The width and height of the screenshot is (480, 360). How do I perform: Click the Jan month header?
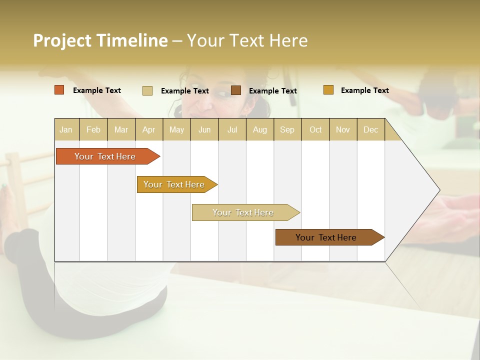(66, 129)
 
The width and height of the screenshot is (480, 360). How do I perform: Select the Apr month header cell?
(148, 129)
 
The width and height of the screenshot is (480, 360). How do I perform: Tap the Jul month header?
(232, 129)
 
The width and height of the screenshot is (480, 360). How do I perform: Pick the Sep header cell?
(287, 129)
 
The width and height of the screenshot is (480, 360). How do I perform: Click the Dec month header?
(370, 129)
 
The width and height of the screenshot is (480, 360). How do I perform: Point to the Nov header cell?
(342, 129)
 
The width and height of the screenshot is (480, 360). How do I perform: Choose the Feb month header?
(93, 129)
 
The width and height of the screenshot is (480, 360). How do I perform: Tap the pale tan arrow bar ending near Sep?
(243, 212)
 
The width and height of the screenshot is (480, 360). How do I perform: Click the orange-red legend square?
(59, 90)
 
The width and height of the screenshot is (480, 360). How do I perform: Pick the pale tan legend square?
(147, 90)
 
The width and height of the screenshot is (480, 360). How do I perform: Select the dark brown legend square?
(236, 90)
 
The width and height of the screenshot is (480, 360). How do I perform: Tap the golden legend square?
(328, 90)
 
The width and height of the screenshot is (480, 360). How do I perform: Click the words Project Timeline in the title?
(100, 40)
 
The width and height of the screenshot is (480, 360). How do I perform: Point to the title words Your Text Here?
(247, 40)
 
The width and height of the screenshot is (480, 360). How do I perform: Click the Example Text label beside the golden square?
(364, 90)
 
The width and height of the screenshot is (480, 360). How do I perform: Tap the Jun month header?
(204, 129)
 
